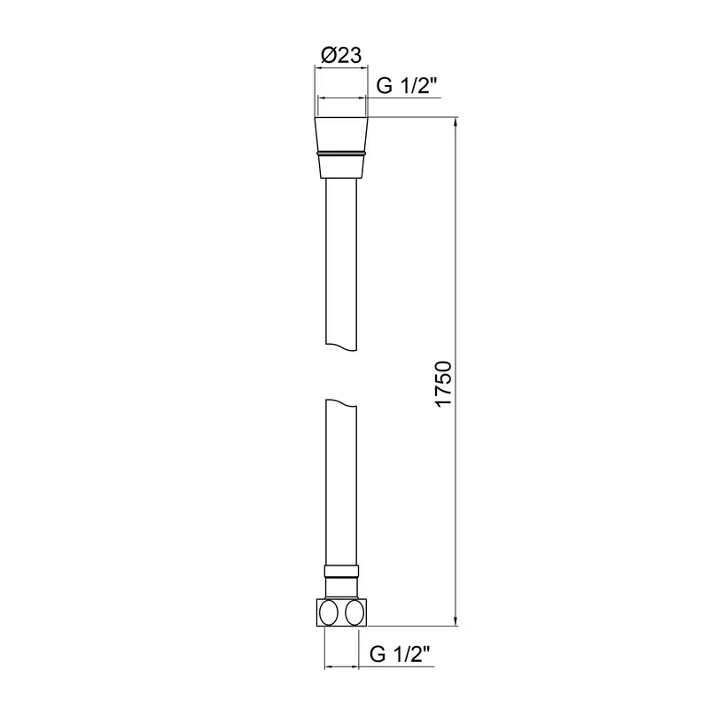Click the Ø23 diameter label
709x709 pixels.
[x=341, y=55]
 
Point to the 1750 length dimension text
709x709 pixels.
[x=444, y=384]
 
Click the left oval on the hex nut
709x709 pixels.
[x=328, y=612]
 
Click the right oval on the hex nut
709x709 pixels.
[x=354, y=612]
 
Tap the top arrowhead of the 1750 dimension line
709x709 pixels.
[x=456, y=122]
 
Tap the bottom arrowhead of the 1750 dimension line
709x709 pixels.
[x=456, y=621]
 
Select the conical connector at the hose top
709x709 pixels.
[x=341, y=148]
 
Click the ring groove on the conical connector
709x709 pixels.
[x=341, y=153]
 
